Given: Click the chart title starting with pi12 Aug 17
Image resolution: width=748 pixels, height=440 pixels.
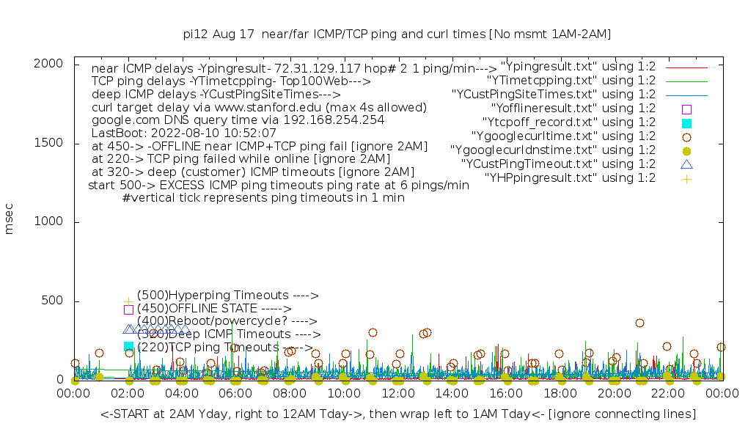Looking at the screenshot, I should [x=397, y=34].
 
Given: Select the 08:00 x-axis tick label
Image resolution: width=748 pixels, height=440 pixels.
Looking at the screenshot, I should [x=290, y=395].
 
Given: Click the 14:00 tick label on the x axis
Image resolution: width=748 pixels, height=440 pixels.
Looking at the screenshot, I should [x=452, y=395].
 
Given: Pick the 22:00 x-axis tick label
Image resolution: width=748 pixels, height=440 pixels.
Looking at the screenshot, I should [x=667, y=395].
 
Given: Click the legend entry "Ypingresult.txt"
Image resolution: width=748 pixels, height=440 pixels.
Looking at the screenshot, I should [x=578, y=67].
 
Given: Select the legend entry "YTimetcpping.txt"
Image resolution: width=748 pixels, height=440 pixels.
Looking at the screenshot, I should [x=571, y=81].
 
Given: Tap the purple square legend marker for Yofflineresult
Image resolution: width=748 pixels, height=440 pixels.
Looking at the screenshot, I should [x=686, y=109].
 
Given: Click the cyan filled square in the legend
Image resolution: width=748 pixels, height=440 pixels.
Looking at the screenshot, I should [x=686, y=123].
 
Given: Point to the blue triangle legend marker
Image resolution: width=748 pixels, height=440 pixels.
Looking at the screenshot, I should [x=686, y=164].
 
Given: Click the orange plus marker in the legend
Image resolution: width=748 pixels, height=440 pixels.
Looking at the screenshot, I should [x=686, y=178].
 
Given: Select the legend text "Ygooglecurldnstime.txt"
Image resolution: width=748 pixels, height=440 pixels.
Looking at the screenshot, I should [x=552, y=150].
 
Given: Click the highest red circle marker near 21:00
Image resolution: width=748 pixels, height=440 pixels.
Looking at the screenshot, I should [x=639, y=323].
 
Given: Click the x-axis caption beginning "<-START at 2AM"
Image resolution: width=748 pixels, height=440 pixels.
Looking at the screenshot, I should [x=397, y=414].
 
